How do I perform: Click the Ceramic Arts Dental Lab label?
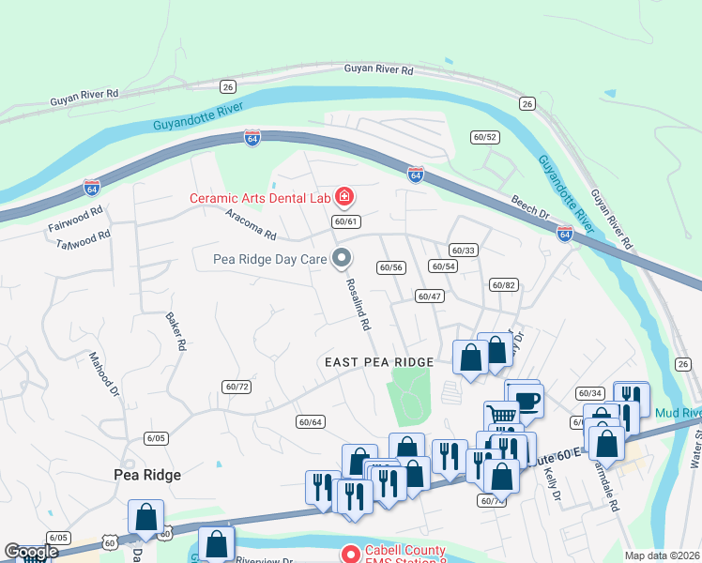tap(262, 197)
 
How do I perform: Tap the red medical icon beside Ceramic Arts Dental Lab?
tap(344, 196)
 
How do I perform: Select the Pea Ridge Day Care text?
tap(270, 257)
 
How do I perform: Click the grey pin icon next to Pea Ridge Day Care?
tap(343, 256)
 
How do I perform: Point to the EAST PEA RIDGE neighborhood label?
tap(379, 362)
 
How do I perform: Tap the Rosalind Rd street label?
tap(358, 303)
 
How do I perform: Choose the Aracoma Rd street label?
tap(251, 223)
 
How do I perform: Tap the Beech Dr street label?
tap(529, 207)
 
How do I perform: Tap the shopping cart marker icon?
tap(502, 416)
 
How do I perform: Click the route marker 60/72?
tap(237, 387)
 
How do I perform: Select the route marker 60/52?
tap(484, 137)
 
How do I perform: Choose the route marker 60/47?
tap(429, 296)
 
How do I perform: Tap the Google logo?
tap(31, 552)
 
